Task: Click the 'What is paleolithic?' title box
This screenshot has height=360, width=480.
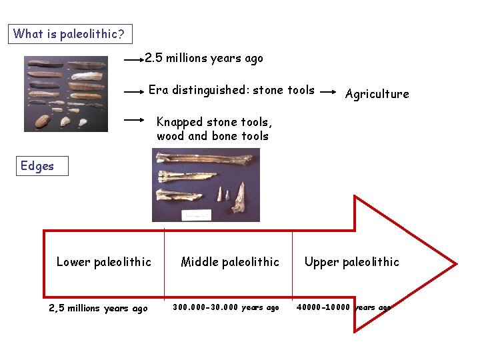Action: click(x=69, y=34)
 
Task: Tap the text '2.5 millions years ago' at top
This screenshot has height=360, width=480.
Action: click(x=204, y=59)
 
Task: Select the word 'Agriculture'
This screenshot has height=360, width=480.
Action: click(x=377, y=94)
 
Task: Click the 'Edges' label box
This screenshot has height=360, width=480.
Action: click(x=43, y=166)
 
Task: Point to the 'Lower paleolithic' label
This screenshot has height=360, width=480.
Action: click(x=104, y=262)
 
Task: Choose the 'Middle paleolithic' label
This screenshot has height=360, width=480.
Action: click(x=230, y=262)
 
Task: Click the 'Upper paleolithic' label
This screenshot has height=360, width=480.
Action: click(x=351, y=262)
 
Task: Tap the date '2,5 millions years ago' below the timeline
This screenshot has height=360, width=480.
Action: click(x=98, y=308)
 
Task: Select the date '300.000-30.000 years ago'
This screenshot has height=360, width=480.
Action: click(x=226, y=307)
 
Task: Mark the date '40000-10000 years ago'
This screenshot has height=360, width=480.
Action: click(x=343, y=307)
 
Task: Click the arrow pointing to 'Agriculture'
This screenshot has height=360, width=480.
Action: click(x=328, y=94)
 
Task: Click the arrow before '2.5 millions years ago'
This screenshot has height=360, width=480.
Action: click(x=134, y=59)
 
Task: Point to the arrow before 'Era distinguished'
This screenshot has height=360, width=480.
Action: click(x=134, y=91)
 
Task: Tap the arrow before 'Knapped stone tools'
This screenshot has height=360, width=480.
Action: click(x=134, y=120)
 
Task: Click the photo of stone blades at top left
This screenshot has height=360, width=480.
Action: click(x=65, y=93)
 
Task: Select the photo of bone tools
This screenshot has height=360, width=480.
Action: click(x=205, y=185)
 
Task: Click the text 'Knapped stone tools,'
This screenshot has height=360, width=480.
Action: click(x=214, y=122)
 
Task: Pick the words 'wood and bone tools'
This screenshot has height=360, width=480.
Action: click(x=213, y=136)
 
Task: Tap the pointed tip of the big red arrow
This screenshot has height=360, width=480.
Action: click(x=455, y=265)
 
